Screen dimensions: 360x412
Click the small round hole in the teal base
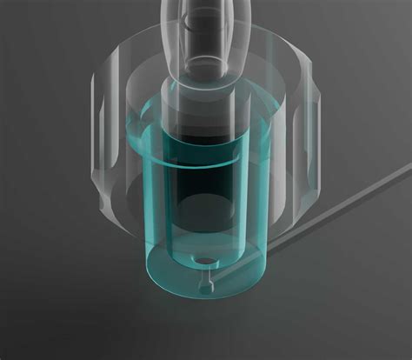coord(205,259)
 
